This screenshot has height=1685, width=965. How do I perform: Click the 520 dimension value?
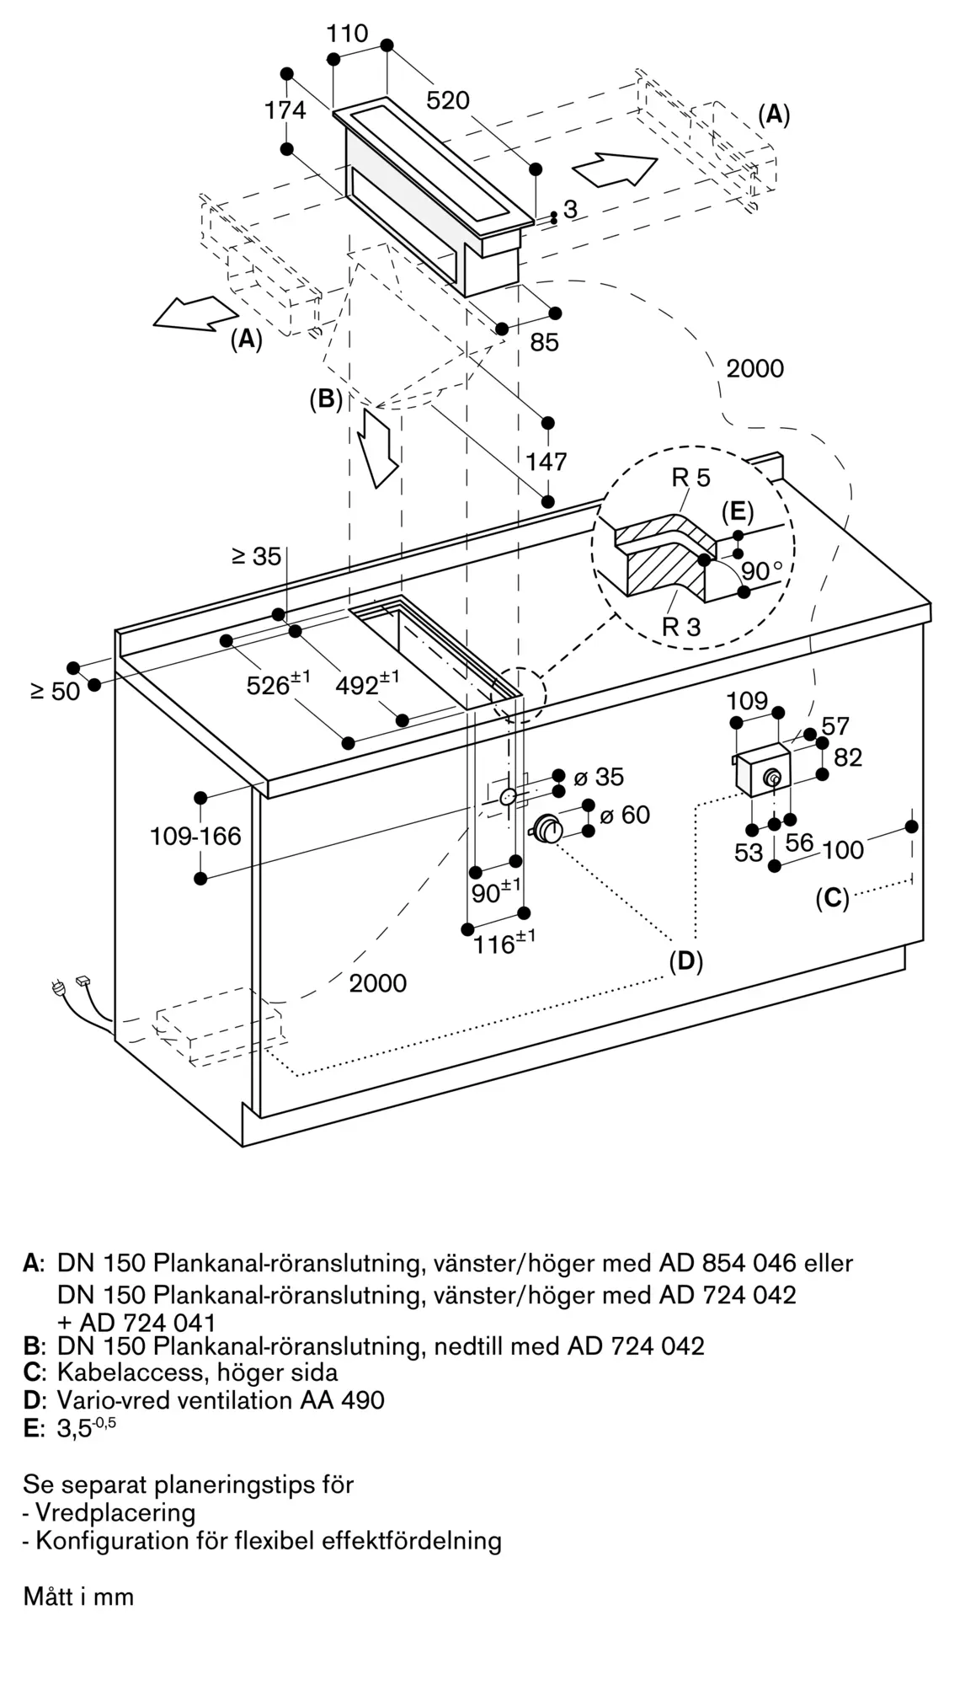click(448, 100)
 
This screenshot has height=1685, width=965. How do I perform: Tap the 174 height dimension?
click(285, 110)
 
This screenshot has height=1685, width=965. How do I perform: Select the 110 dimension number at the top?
click(347, 34)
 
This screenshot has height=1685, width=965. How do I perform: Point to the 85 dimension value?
click(545, 342)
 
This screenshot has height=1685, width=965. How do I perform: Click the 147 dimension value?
click(546, 462)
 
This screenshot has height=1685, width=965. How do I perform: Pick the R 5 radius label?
click(690, 478)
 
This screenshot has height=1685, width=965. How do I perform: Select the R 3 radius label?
click(680, 627)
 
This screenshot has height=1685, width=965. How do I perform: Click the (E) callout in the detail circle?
click(737, 511)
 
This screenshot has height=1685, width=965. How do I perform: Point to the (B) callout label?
click(326, 399)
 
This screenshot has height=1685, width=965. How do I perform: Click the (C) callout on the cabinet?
click(832, 899)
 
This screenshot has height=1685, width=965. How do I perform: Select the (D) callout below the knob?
click(685, 961)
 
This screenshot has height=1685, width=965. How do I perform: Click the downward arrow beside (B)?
click(378, 447)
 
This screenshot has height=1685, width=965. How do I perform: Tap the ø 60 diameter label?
click(625, 815)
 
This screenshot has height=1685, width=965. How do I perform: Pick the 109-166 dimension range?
click(195, 836)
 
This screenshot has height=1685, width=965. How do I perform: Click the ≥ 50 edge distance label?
click(55, 691)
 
